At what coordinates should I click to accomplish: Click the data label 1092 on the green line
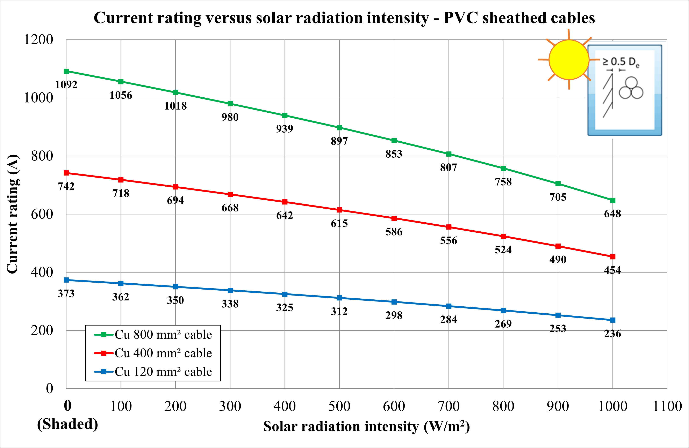click(66, 85)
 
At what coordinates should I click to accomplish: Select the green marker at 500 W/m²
click(339, 128)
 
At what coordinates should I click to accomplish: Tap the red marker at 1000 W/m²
click(613, 257)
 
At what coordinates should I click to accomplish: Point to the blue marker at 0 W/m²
click(66, 280)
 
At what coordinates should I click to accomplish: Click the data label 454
click(613, 270)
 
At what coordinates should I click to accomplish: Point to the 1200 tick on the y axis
click(38, 40)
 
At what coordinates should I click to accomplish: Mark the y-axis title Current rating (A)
click(13, 214)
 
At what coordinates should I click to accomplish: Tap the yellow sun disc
click(569, 60)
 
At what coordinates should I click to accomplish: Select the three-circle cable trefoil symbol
click(631, 88)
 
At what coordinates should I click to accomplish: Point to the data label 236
click(613, 334)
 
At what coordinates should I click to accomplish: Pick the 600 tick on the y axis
click(42, 214)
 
